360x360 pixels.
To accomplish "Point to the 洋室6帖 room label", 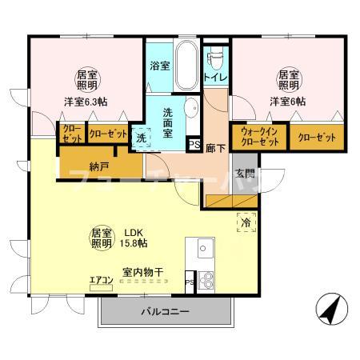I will [x=287, y=102].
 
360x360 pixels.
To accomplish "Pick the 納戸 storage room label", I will [x=77, y=166].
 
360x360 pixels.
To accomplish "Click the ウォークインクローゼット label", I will [x=258, y=137].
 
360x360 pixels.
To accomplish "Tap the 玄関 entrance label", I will [x=244, y=174].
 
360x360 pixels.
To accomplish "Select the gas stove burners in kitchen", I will [x=205, y=281].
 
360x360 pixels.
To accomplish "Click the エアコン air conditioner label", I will [x=102, y=279].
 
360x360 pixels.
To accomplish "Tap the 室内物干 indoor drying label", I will [x=142, y=272].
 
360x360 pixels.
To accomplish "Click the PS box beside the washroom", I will [x=193, y=145].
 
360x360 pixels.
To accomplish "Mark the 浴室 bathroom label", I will [x=160, y=66].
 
